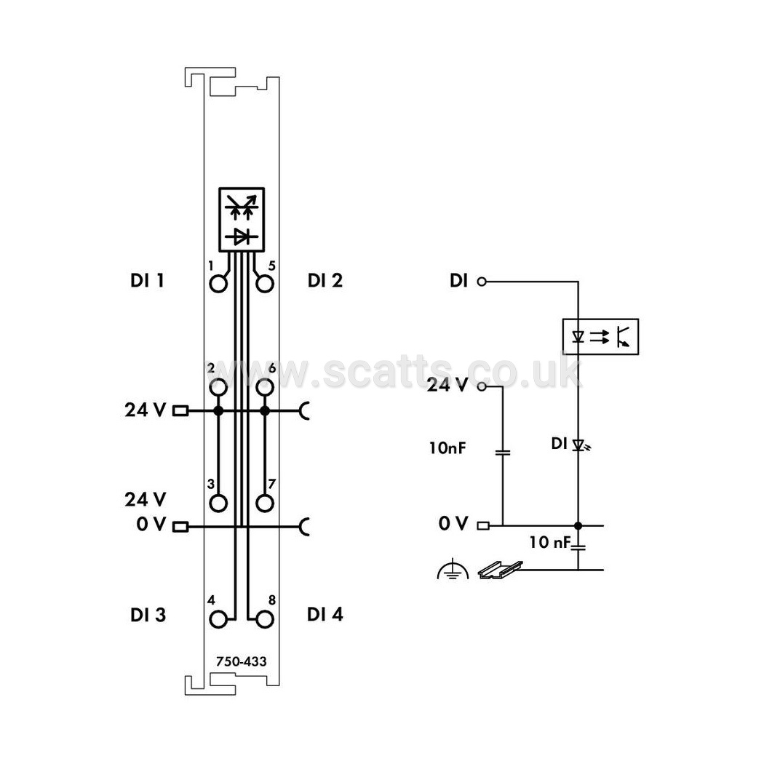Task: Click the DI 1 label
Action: click(147, 281)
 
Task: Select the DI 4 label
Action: click(325, 614)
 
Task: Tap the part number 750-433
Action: click(241, 661)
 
